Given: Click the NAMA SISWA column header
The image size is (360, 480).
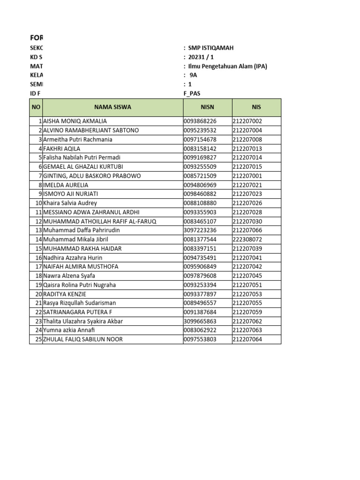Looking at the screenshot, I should (x=112, y=107).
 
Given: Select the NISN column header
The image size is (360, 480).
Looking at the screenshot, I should (x=207, y=107).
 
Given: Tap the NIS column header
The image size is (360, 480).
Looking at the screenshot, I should (x=256, y=107).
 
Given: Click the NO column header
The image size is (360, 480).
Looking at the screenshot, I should (x=36, y=107).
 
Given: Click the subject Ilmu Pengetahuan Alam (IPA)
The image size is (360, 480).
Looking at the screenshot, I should (x=227, y=67).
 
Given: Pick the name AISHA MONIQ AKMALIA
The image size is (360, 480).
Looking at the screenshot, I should (x=75, y=121).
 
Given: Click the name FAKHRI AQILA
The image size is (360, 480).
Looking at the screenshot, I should (x=61, y=149).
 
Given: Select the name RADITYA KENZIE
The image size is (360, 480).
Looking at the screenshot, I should (x=65, y=294).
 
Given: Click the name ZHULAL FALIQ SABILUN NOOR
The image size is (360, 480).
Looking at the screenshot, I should (x=82, y=339).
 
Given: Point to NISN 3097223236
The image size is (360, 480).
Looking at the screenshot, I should (x=200, y=230).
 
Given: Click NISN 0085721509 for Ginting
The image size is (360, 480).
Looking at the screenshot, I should (x=200, y=176).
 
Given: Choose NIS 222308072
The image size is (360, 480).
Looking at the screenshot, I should (x=247, y=240).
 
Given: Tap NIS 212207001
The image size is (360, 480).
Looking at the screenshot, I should (x=247, y=176).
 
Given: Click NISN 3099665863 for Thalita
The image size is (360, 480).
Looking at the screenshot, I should (x=200, y=321).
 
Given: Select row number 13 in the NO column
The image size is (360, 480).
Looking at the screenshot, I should (x=38, y=230).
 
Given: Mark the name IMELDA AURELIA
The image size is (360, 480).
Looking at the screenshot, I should (x=65, y=185).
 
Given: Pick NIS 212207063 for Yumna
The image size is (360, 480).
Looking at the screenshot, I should (x=247, y=330).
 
